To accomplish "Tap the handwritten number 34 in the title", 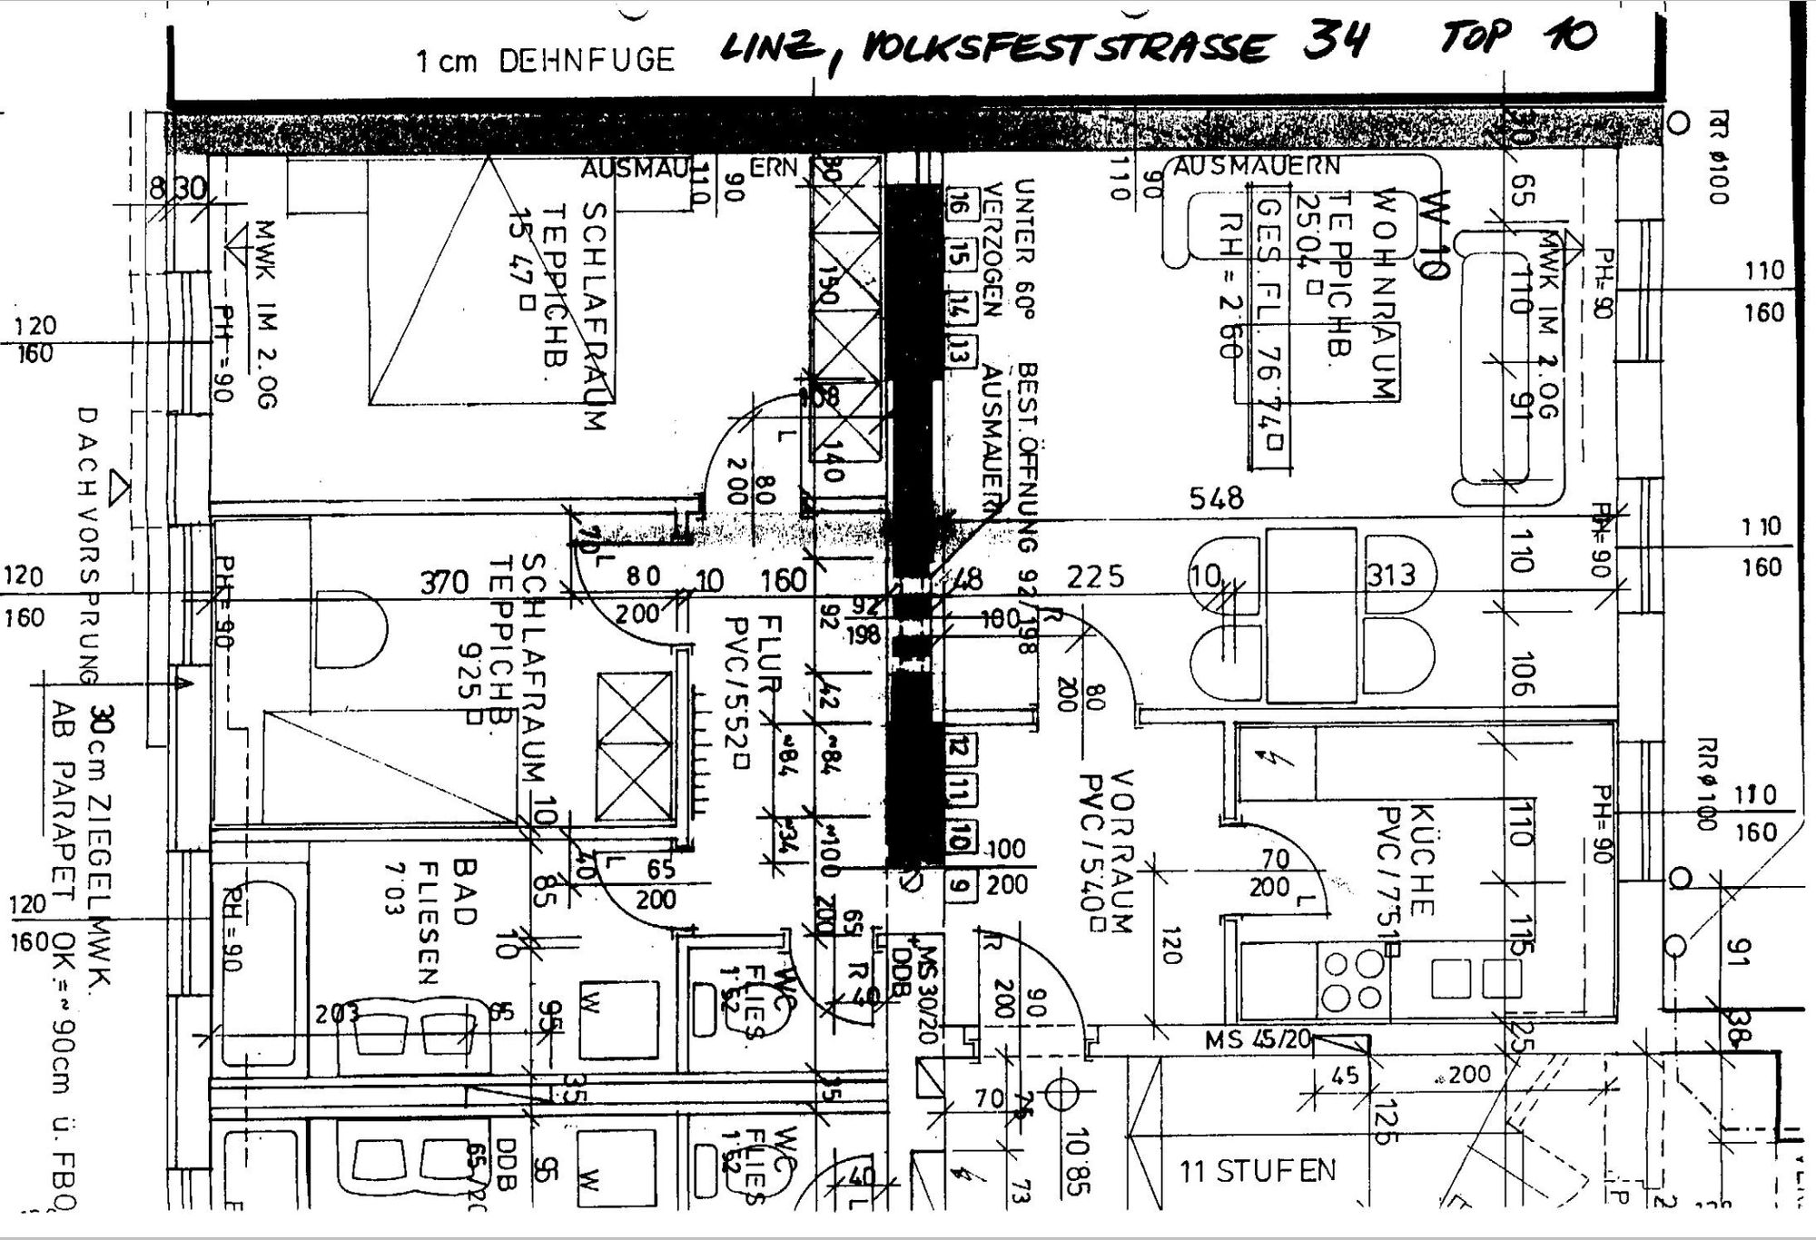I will coord(1336,41).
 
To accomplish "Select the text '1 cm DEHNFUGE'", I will coord(545,61).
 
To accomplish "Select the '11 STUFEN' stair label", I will coord(1258,1171).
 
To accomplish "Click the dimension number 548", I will coord(1217,497).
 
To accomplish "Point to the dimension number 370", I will coord(444,582).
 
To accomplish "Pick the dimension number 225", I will coord(1095,576).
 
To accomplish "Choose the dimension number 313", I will coord(1391,575).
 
